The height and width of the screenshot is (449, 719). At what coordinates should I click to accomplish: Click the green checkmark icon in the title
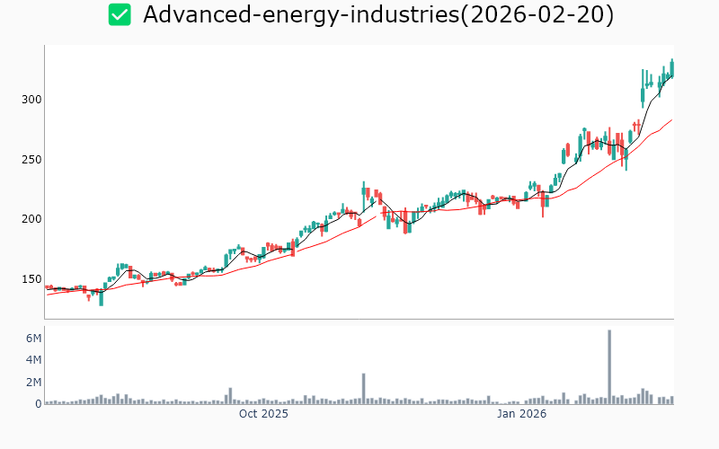coord(120,14)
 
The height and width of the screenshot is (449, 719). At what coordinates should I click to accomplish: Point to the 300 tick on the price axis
coord(33,99)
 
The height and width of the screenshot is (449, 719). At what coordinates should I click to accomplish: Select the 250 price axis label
coord(33,159)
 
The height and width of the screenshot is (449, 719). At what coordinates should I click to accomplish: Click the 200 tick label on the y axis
coord(33,219)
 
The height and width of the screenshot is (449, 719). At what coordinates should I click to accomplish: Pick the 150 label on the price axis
coord(33,279)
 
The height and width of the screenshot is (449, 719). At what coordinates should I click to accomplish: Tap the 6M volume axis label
coord(33,339)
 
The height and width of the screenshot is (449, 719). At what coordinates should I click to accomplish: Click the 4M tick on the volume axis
coord(33,360)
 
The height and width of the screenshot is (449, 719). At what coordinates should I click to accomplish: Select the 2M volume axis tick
coord(33,383)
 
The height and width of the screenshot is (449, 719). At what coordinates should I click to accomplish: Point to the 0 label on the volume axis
coord(39,404)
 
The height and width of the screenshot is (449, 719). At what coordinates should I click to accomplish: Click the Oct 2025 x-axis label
coord(263,414)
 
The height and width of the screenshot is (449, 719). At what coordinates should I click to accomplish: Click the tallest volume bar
coord(609,366)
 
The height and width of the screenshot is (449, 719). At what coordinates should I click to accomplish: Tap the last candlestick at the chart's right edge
coord(671,68)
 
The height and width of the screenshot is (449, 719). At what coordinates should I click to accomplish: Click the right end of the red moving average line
coord(671,119)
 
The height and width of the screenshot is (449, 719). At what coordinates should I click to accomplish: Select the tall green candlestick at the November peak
coord(364,191)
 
